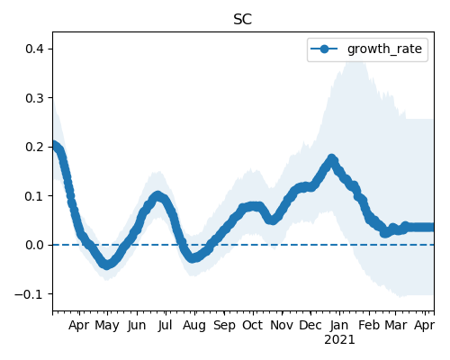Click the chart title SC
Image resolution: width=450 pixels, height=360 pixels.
click(x=243, y=20)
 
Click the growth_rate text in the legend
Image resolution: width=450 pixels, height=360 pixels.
click(x=384, y=49)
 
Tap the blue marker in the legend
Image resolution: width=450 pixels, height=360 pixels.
click(x=324, y=49)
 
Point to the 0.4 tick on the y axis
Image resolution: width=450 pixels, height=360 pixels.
click(x=35, y=49)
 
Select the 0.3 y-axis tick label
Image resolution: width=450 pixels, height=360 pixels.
click(x=35, y=98)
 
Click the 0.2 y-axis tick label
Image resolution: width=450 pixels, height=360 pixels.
click(x=35, y=147)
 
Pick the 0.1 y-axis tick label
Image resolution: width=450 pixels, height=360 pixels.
click(x=35, y=196)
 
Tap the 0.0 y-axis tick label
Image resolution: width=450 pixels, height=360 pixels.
click(x=35, y=245)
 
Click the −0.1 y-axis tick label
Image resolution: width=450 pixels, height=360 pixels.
click(x=30, y=294)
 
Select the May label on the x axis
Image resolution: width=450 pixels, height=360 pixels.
click(x=107, y=326)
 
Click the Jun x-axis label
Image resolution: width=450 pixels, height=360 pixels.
click(x=137, y=326)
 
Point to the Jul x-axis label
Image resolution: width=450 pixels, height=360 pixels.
click(x=166, y=326)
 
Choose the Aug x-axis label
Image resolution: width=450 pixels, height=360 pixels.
click(x=194, y=326)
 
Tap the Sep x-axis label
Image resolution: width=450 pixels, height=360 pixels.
click(x=224, y=326)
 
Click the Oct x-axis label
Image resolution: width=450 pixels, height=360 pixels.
click(x=253, y=325)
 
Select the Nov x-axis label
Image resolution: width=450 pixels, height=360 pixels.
click(x=282, y=325)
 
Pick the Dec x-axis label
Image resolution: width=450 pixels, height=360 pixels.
click(x=310, y=325)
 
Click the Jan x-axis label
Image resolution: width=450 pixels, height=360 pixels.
click(x=339, y=325)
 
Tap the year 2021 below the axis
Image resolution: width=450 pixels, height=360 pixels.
click(x=339, y=340)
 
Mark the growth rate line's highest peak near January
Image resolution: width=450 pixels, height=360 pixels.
click(x=331, y=158)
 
